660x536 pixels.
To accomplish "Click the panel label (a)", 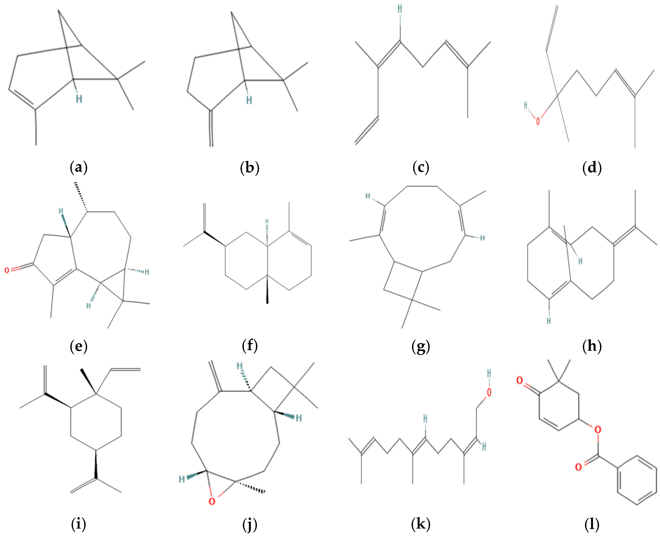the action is [x=79, y=168].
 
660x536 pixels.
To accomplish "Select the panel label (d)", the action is [x=592, y=168].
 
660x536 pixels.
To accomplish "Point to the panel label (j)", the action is [x=250, y=525].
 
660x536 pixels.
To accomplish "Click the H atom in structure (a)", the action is [x=79, y=99].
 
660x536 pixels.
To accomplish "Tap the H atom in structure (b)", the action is [x=249, y=100].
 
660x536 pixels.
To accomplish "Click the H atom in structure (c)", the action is [x=400, y=9].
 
